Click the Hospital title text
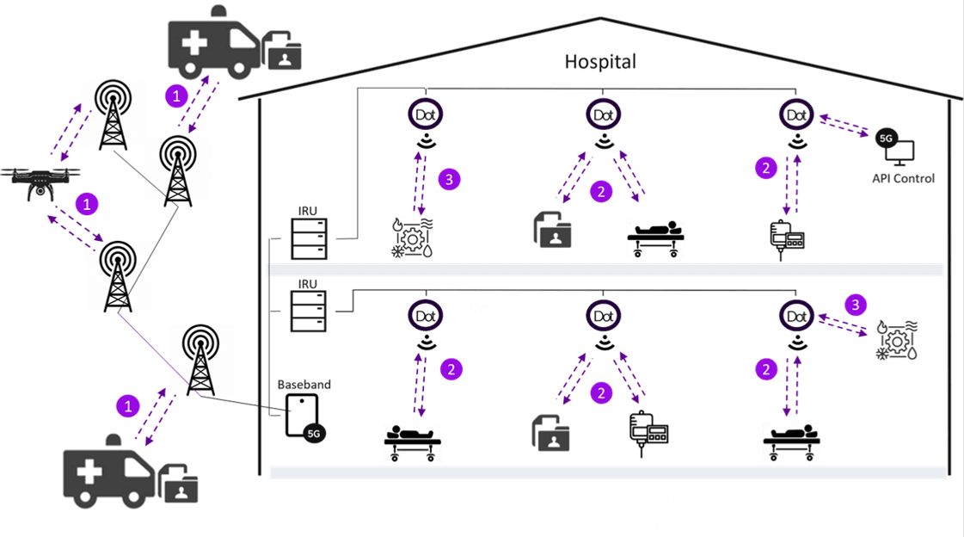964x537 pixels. tap(600, 62)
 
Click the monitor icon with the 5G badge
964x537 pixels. tap(896, 148)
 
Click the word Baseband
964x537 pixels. tap(304, 384)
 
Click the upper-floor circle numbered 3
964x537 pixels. tap(448, 179)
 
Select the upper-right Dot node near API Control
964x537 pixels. tap(795, 114)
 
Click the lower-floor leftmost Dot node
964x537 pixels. tap(427, 316)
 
